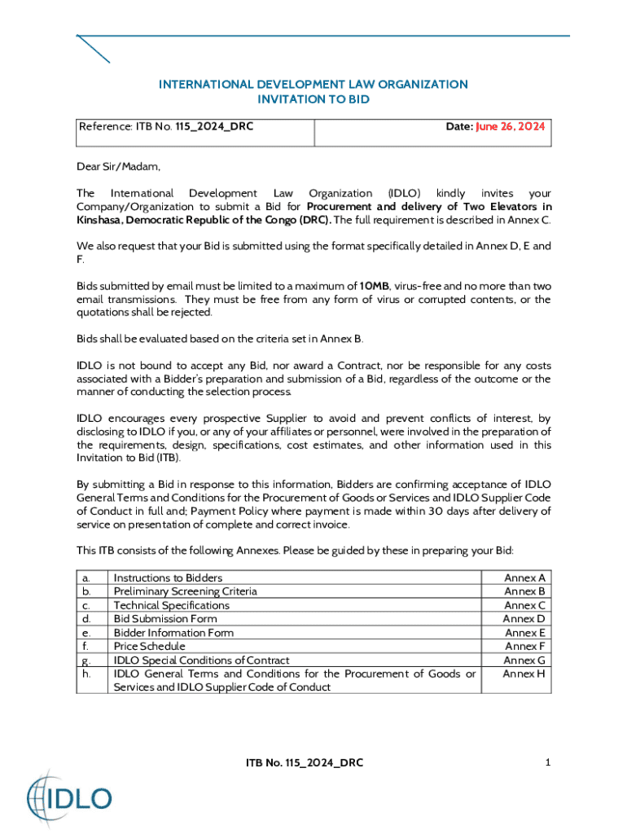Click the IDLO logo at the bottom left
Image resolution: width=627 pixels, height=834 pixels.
click(x=68, y=797)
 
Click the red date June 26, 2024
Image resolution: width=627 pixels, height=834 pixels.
click(x=511, y=127)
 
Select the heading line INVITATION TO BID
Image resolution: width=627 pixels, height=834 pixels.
click(x=313, y=99)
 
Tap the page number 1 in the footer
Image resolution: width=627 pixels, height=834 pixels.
click(x=548, y=762)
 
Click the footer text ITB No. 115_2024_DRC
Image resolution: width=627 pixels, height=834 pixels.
click(x=305, y=763)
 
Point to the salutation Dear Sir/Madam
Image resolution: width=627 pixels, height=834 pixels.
click(x=119, y=167)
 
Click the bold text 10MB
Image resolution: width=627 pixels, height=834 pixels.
click(x=375, y=286)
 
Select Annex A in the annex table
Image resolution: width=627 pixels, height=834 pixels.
click(x=524, y=577)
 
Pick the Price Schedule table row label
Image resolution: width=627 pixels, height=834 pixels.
click(x=149, y=647)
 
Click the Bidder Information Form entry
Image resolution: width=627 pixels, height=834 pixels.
click(x=173, y=633)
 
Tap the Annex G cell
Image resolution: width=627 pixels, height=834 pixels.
click(x=524, y=661)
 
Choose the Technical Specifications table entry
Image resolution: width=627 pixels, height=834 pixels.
click(x=172, y=605)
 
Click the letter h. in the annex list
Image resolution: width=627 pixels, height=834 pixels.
click(x=85, y=674)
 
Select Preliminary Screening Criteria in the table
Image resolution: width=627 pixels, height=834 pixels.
click(x=185, y=591)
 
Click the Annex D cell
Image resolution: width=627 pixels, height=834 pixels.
click(x=524, y=619)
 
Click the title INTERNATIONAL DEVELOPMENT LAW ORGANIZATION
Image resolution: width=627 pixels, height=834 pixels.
click(x=313, y=85)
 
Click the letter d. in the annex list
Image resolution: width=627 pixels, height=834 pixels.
click(x=85, y=619)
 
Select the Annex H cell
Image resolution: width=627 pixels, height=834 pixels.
click(x=524, y=674)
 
